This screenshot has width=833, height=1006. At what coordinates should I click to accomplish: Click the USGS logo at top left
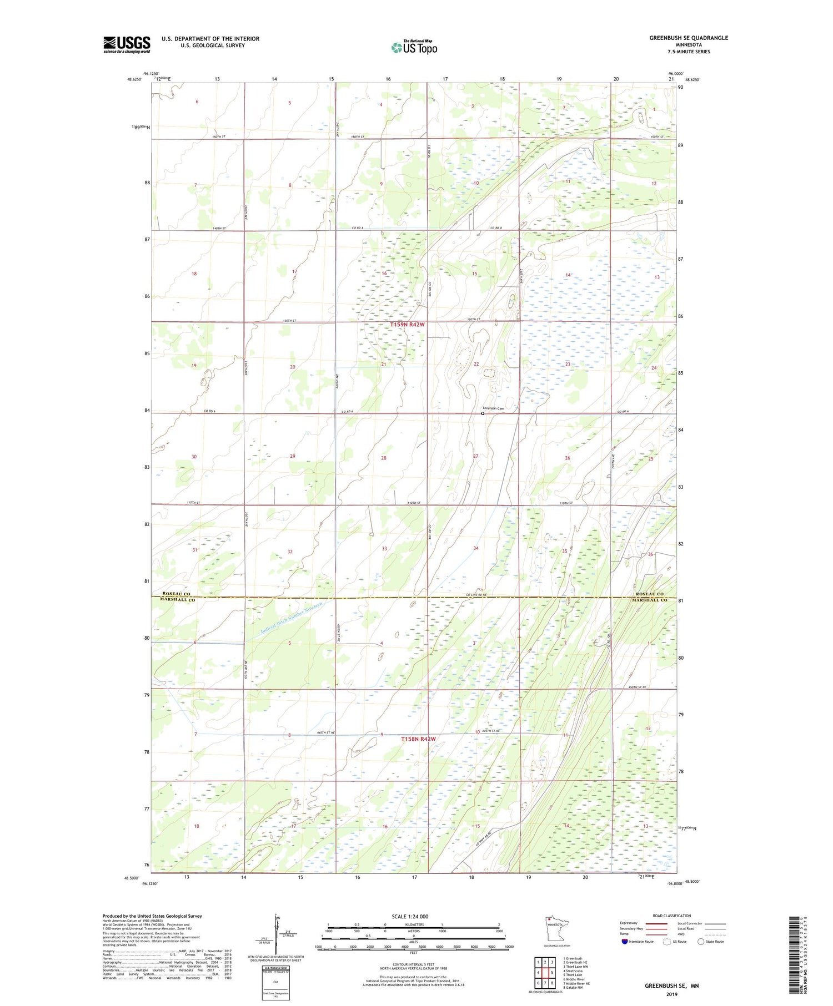(127, 44)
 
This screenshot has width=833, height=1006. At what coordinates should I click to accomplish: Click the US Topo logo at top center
(414, 47)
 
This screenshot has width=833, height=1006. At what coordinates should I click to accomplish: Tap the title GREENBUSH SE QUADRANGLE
(689, 38)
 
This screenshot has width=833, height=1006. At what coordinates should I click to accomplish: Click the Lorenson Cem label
(494, 408)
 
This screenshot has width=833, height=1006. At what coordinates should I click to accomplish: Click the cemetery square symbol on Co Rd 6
(483, 413)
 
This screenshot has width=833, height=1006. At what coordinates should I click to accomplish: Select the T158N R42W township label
(418, 739)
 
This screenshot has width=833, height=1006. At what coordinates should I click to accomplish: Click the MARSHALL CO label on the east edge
(649, 600)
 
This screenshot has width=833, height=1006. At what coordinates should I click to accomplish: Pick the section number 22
(476, 364)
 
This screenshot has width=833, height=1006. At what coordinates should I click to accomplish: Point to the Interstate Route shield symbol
(624, 942)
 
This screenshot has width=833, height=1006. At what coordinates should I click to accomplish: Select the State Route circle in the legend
(701, 942)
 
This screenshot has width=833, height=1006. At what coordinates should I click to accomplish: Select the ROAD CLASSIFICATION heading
(672, 916)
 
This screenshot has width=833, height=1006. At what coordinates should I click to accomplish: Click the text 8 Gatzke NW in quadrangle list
(573, 988)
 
